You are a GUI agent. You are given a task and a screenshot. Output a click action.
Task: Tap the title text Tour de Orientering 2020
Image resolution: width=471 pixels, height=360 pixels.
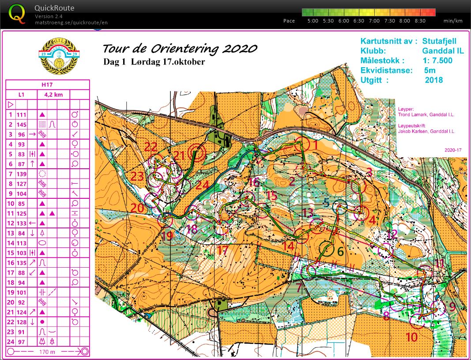(x=180, y=48)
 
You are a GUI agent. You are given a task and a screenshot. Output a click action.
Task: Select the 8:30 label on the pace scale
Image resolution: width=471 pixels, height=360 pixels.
(x=420, y=21)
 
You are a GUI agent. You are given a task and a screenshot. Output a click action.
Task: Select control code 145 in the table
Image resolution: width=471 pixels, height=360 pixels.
(x=22, y=125)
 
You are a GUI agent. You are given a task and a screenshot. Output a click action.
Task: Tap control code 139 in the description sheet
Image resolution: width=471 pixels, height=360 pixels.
(x=22, y=174)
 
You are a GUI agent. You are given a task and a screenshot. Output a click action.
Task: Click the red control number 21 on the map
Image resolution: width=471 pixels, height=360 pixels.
(x=179, y=155)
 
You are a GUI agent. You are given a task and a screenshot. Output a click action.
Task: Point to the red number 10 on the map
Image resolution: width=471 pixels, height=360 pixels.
(x=411, y=337)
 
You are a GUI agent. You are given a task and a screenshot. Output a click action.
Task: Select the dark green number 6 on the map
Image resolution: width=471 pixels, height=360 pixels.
(x=340, y=251)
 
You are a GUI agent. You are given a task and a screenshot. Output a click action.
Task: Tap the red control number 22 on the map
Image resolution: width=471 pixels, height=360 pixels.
(x=151, y=147)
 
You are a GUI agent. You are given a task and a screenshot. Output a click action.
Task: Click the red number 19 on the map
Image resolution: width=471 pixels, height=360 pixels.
(x=167, y=236)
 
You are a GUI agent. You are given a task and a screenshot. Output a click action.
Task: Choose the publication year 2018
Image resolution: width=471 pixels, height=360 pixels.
(x=433, y=80)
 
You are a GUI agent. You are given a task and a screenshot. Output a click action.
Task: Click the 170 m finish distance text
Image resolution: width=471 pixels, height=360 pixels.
(x=47, y=352)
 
